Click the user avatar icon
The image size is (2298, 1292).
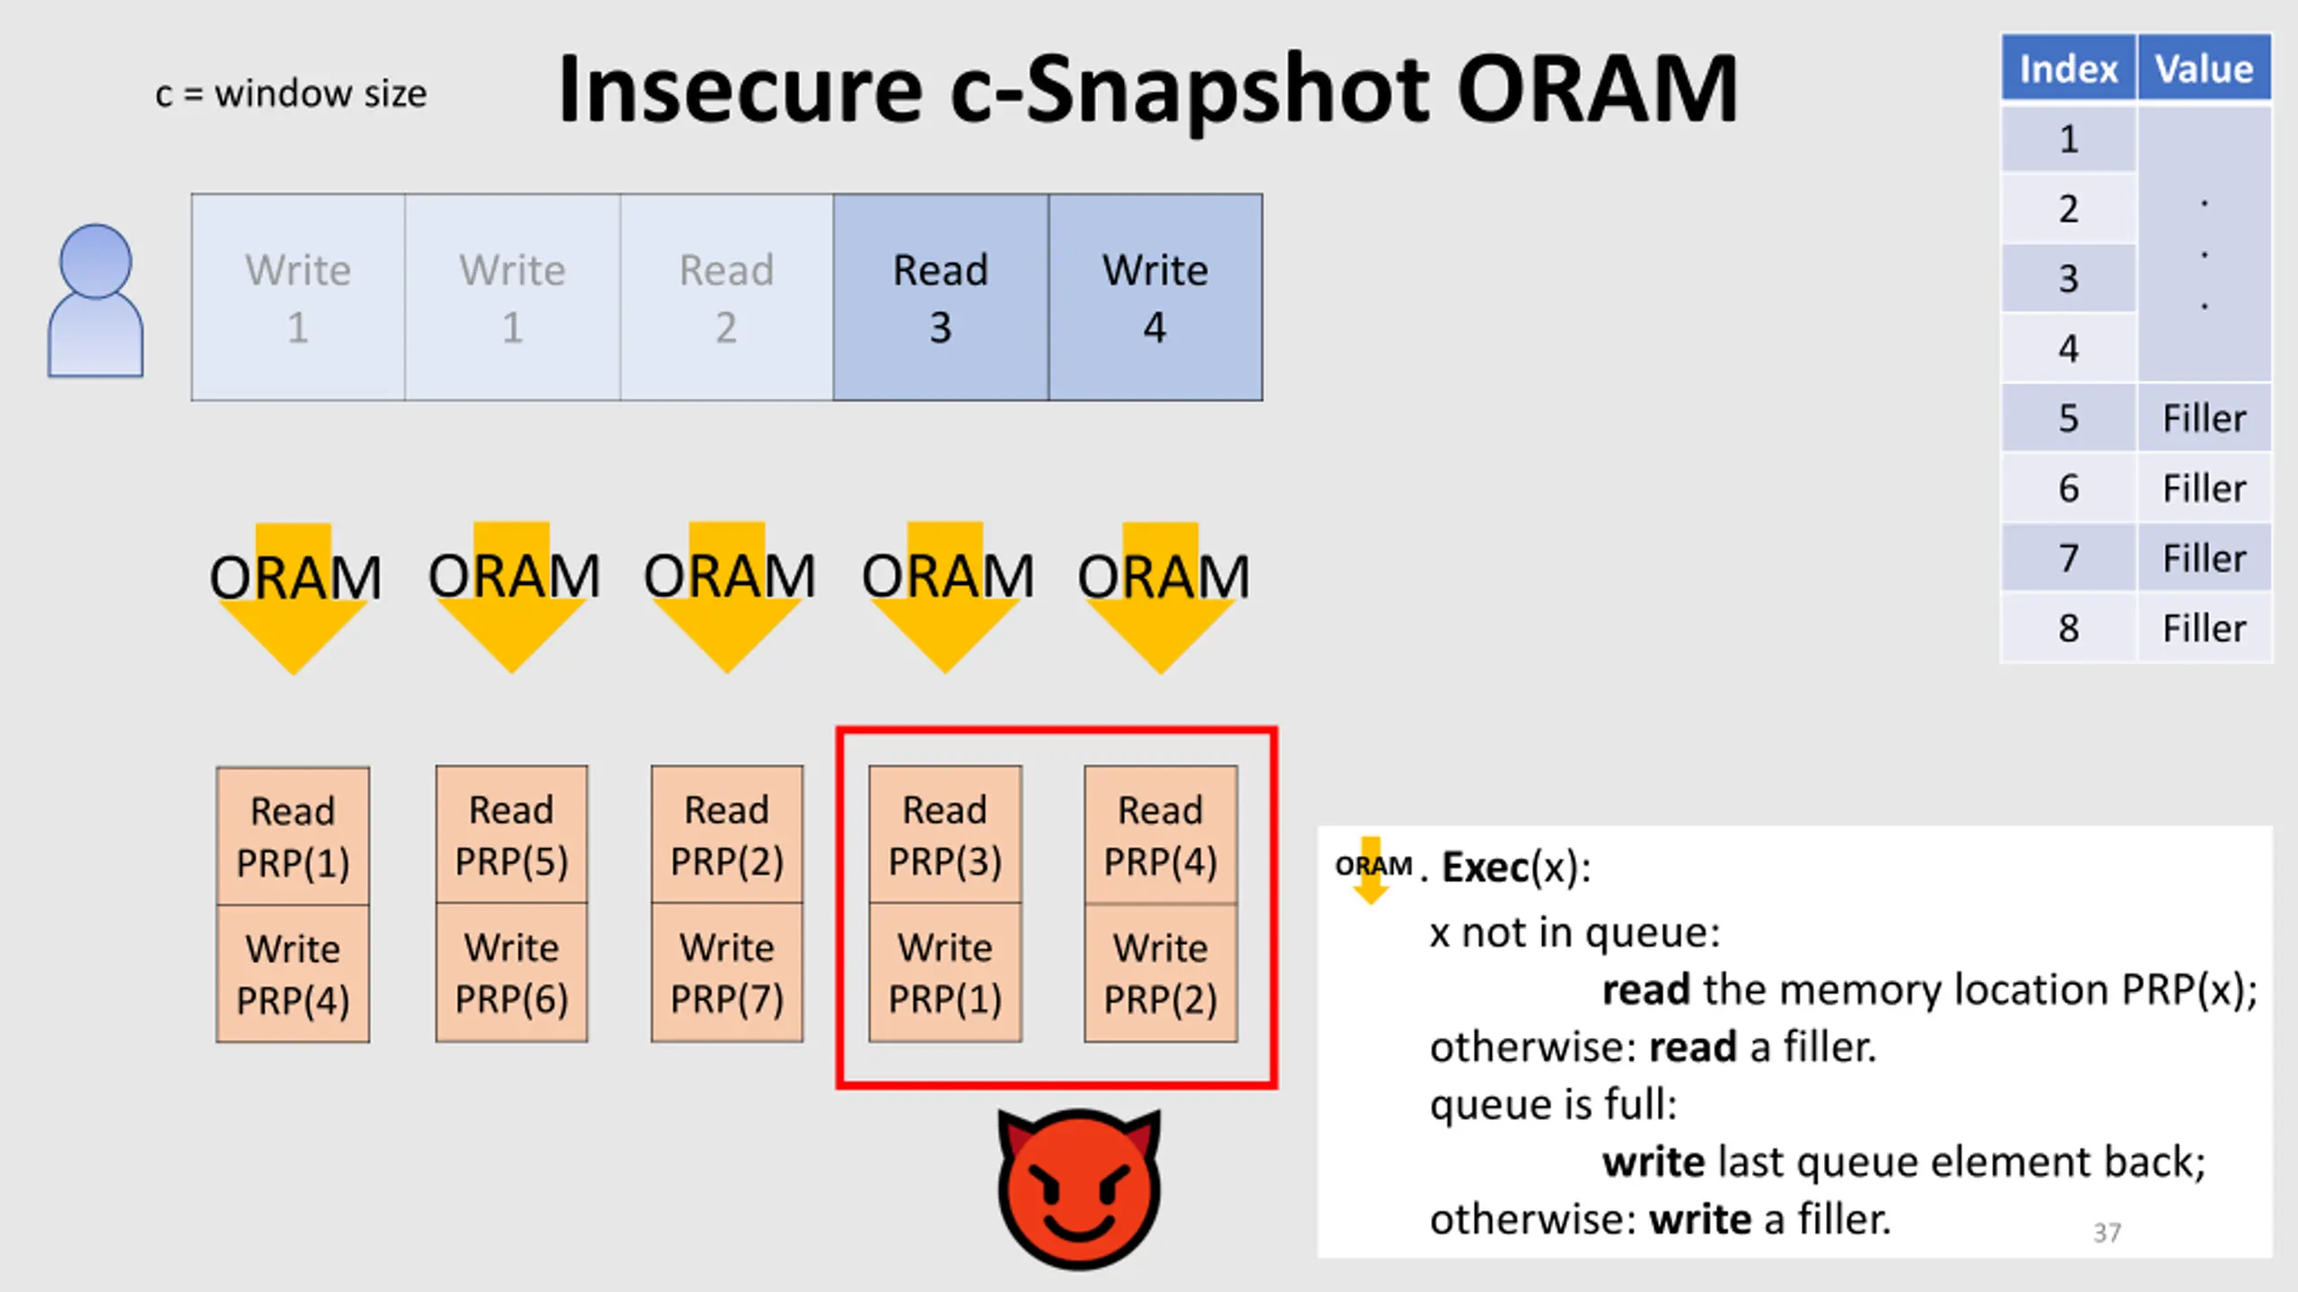point(95,301)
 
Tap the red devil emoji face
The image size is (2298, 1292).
point(1079,1189)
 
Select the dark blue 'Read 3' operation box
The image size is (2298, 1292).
point(941,297)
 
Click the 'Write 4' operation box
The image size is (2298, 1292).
point(1155,297)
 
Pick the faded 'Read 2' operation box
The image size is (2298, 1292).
point(726,297)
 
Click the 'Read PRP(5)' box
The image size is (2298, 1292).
point(512,834)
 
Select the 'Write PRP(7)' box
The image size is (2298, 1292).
point(727,973)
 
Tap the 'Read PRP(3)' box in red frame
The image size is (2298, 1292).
point(945,834)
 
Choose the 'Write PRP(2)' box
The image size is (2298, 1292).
point(1161,973)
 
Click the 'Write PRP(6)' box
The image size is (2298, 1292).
point(512,973)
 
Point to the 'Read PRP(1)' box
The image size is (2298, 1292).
point(293,836)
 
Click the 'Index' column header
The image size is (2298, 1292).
point(2068,68)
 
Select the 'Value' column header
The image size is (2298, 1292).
point(2205,68)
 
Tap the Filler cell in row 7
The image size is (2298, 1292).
point(2205,558)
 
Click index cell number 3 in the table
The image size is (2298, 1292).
point(2068,278)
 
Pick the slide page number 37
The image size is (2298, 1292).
point(2107,1233)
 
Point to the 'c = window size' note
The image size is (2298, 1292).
point(291,93)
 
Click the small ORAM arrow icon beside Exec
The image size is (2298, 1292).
point(1372,869)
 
